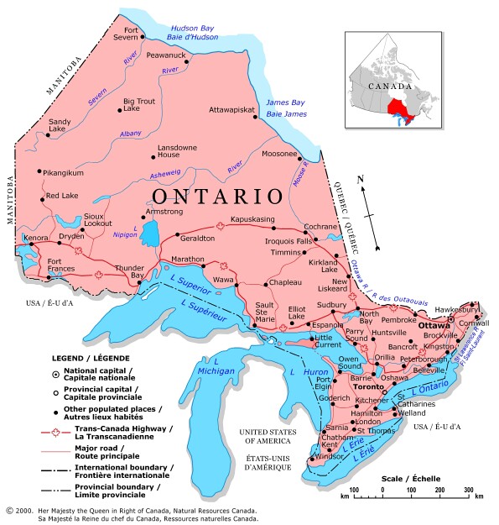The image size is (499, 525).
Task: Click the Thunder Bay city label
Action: click(130, 271)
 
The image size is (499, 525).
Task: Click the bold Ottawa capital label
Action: click(434, 325)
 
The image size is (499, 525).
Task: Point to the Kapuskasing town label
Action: click(252, 219)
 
